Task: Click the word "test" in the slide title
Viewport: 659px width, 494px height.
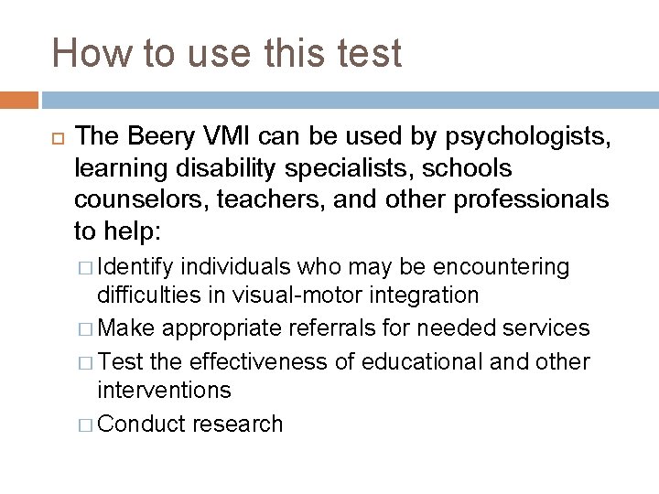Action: (366, 53)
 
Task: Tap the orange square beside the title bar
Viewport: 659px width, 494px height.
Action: (19, 99)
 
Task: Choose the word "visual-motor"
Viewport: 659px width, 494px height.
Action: (291, 295)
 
